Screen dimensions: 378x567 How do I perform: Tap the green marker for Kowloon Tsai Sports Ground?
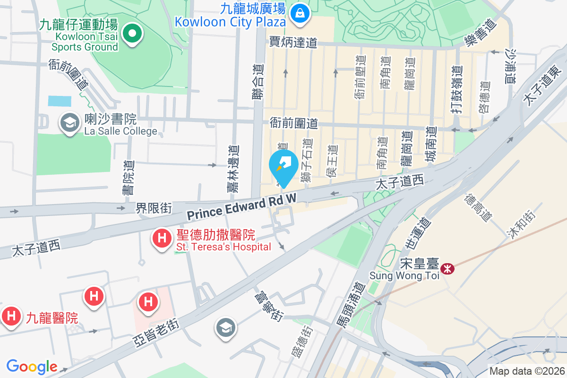[133, 34]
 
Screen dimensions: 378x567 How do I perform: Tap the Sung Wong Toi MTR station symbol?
[447, 268]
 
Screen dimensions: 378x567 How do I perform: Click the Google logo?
[32, 367]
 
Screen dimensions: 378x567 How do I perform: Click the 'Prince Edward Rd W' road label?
[241, 207]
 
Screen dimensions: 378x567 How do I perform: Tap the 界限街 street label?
[154, 207]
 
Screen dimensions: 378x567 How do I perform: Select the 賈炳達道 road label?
[293, 43]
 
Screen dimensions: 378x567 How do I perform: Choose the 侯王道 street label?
[332, 161]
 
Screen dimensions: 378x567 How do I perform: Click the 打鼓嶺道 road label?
[455, 90]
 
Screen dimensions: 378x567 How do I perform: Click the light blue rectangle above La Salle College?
[60, 101]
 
